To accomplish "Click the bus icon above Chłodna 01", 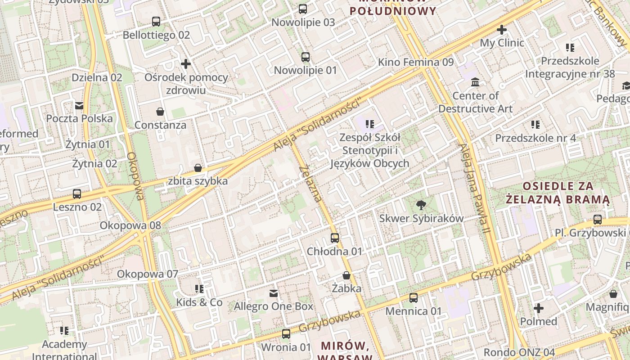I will coord(335,238).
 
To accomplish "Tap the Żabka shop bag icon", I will coord(346,275).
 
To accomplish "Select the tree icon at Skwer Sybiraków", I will coord(421,205).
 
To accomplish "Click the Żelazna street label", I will coord(311,184).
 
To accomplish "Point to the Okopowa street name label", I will coord(135,176).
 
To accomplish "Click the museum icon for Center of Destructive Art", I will coord(475,82).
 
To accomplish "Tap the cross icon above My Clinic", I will coord(502,30).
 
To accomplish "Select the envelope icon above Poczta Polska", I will coord(79,106).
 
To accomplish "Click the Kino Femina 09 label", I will coord(416,62).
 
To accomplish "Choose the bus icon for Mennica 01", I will coord(413,298).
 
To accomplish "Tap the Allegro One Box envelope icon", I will coord(273,293).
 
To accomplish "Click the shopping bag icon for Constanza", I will coord(160,111).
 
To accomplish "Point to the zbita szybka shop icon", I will coord(198,168).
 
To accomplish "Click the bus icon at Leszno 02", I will coord(77,194).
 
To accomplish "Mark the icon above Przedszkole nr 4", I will coord(535,124).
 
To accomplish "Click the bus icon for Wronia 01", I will coord(286,334).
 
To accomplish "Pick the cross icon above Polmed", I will coord(539,308).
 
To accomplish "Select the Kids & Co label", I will coord(199,302).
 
